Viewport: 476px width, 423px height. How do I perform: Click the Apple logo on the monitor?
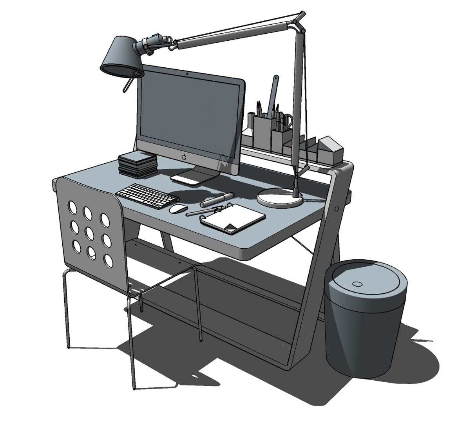(x=184, y=157)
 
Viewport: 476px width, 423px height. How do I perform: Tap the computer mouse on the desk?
(x=178, y=209)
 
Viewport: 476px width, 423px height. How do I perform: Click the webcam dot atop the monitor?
(x=188, y=73)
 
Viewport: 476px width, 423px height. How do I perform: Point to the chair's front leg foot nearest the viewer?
(x=134, y=388)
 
